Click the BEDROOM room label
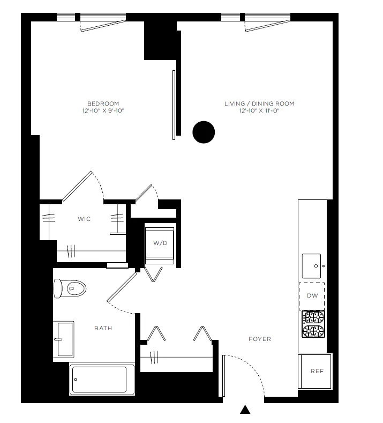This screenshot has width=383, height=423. click(x=103, y=103)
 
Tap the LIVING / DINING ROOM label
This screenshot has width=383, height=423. click(x=259, y=103)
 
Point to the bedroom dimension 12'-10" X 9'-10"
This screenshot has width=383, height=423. click(x=103, y=111)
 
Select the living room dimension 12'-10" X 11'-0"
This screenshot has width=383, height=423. click(x=259, y=111)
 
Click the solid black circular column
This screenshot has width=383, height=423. click(x=204, y=132)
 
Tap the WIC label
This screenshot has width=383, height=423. click(x=84, y=219)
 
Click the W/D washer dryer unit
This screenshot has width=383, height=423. click(x=160, y=243)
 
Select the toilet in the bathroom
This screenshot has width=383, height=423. click(x=71, y=289)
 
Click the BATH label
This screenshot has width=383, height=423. click(x=103, y=328)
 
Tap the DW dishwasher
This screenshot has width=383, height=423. click(x=312, y=295)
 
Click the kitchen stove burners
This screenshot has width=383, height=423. click(x=313, y=324)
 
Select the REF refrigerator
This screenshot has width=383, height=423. click(x=317, y=371)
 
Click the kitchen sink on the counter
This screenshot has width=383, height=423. click(x=313, y=264)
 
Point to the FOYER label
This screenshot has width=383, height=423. click(x=259, y=339)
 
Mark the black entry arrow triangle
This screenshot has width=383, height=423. click(x=245, y=410)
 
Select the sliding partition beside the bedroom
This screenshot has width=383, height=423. click(x=174, y=105)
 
